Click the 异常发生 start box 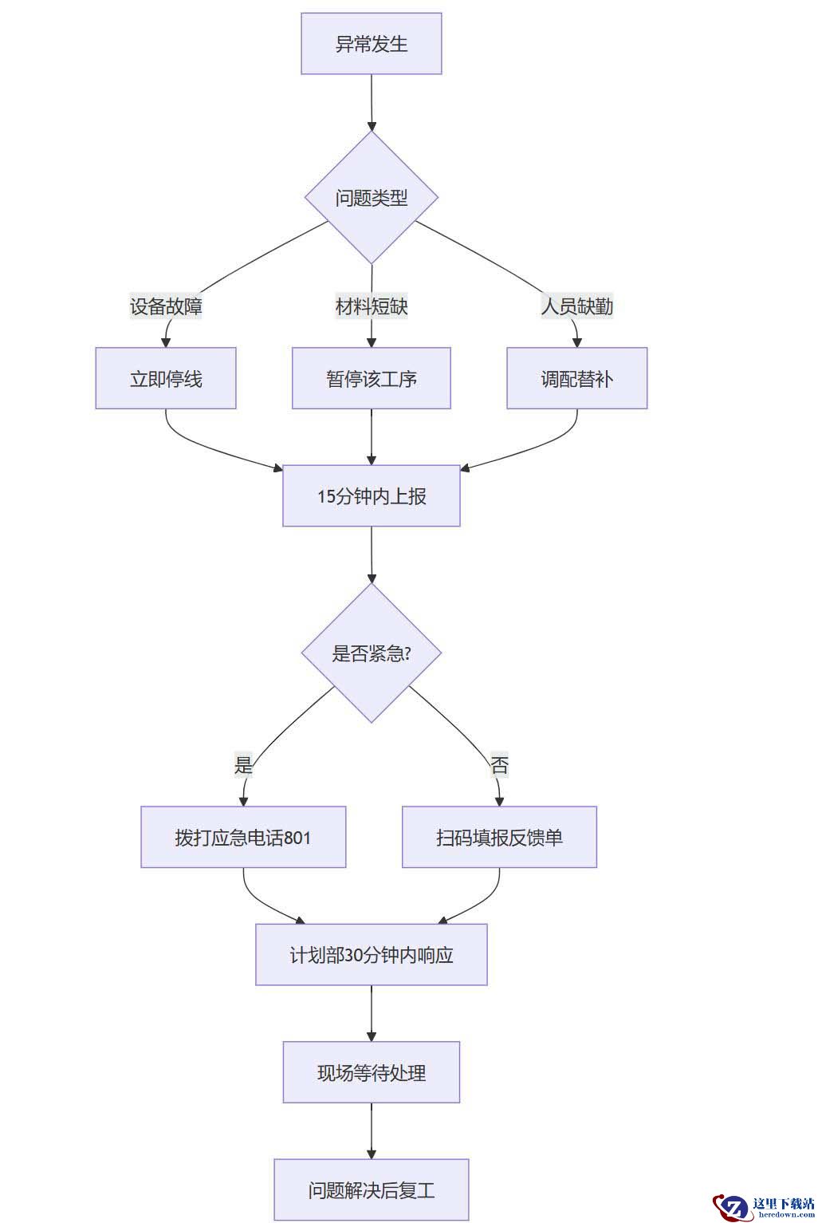(x=371, y=44)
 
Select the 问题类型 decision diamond (x=371, y=198)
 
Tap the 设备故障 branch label (x=166, y=306)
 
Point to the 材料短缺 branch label (x=372, y=306)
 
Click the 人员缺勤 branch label (x=576, y=306)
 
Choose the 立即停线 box (x=166, y=378)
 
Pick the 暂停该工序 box (x=372, y=378)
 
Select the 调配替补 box (x=576, y=378)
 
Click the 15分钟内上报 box (x=372, y=495)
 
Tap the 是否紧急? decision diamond (x=372, y=653)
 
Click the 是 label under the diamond (x=243, y=764)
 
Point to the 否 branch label (x=499, y=764)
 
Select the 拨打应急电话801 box (x=243, y=837)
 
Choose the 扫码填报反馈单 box (x=499, y=837)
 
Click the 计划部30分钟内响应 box (x=372, y=955)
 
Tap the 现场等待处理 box (x=372, y=1072)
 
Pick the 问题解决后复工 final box (x=372, y=1190)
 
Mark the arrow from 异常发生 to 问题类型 (x=372, y=103)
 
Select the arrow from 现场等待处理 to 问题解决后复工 (x=372, y=1131)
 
